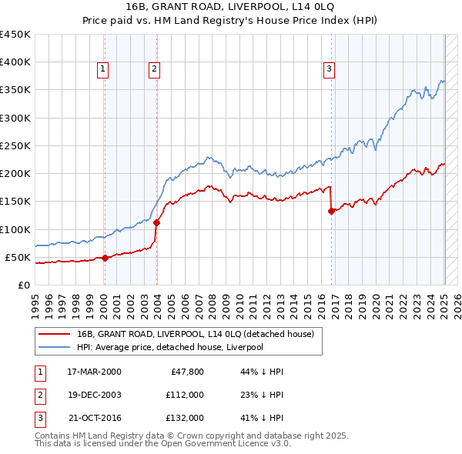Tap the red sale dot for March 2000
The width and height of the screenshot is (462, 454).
click(105, 259)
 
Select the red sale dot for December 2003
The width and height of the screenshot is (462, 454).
click(156, 222)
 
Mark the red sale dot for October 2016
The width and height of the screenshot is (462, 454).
click(332, 212)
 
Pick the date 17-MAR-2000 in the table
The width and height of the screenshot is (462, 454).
click(94, 371)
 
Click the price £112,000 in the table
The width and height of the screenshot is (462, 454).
click(184, 395)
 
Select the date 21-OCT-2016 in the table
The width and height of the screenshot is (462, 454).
click(94, 419)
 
